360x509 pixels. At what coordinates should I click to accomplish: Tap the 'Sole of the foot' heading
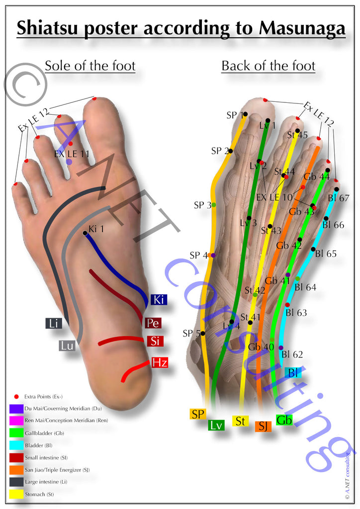point(90,66)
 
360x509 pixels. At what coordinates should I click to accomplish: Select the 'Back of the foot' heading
point(269,66)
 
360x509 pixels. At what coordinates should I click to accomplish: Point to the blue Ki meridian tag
point(158,300)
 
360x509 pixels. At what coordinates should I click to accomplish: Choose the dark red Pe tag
point(153,323)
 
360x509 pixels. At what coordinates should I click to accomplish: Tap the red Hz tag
point(159,362)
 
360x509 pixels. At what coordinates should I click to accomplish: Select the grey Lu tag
point(67,345)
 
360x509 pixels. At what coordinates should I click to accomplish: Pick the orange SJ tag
point(263,426)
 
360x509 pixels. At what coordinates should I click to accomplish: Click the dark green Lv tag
point(216,425)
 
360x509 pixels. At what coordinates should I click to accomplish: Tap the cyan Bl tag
point(293,372)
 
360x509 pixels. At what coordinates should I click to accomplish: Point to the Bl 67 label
point(339,198)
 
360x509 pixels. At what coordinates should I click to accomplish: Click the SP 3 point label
point(202,205)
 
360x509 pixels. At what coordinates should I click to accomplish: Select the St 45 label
point(297,135)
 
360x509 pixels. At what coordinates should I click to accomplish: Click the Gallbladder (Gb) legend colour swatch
point(15,433)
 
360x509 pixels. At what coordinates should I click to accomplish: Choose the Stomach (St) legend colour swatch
point(15,494)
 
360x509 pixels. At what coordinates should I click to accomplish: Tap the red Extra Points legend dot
point(16,396)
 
